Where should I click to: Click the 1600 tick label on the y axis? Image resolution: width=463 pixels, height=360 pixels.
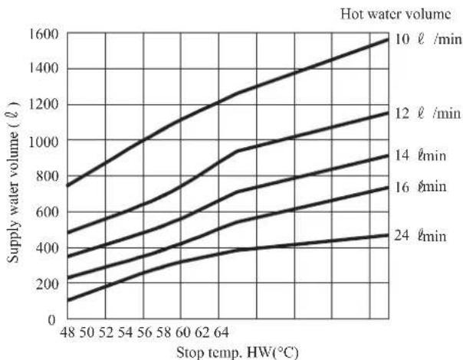(x=44, y=34)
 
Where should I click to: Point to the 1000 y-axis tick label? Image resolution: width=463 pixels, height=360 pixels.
(x=44, y=142)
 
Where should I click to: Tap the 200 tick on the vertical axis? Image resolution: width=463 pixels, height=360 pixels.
(x=48, y=284)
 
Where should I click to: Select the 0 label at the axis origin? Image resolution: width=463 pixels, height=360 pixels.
(x=51, y=320)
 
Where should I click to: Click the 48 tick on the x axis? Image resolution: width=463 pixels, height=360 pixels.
(x=68, y=333)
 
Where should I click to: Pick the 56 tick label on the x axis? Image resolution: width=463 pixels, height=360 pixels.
(x=144, y=333)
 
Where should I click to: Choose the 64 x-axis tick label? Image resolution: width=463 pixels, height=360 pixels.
(x=222, y=333)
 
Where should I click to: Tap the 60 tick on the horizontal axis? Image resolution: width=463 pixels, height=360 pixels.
(x=183, y=333)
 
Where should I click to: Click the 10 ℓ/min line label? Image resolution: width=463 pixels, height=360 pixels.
(x=428, y=39)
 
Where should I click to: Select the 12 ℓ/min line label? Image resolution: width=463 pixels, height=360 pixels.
(x=427, y=113)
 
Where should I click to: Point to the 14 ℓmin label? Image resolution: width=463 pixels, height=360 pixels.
(x=420, y=155)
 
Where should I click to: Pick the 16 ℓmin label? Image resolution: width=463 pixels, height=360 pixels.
(x=420, y=187)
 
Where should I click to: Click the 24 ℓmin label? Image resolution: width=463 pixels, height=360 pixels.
(x=420, y=236)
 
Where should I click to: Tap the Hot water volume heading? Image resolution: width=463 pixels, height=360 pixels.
(x=396, y=14)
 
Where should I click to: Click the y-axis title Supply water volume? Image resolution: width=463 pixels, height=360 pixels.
(x=13, y=182)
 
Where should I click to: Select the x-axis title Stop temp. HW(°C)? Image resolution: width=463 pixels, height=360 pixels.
(x=238, y=352)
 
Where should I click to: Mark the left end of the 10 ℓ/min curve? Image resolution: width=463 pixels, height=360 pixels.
(x=67, y=186)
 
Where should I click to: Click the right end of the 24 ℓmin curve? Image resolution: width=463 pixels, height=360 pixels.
(x=389, y=235)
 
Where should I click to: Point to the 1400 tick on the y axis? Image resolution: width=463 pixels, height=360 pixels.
(x=44, y=69)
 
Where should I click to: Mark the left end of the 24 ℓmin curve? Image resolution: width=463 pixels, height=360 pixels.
(x=67, y=301)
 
